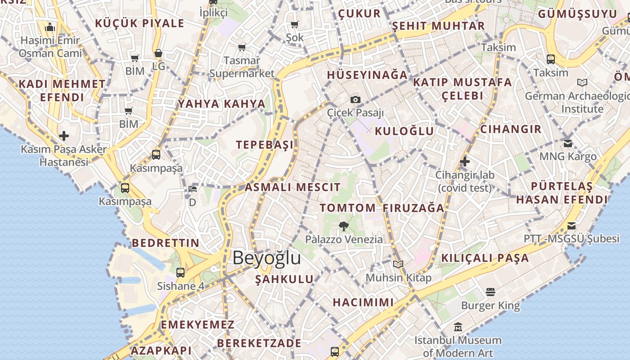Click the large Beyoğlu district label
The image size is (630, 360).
tap(266, 258)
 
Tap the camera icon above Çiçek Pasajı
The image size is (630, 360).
tap(355, 99)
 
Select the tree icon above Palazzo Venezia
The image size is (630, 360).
tap(344, 226)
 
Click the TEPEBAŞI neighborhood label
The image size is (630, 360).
tap(265, 145)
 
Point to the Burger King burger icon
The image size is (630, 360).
tap(490, 292)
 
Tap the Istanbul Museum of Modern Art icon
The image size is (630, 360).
tap(458, 327)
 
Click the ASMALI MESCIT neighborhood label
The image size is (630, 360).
tap(292, 187)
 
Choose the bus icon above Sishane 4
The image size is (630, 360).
tap(180, 272)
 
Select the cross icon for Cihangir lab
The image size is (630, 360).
tap(465, 161)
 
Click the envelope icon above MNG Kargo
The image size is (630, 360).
tap(568, 144)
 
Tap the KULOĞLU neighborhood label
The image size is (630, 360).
tap(405, 131)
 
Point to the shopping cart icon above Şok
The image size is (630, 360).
tap(295, 24)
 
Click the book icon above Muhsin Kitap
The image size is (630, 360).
tap(398, 264)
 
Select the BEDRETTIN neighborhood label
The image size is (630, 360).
tap(165, 243)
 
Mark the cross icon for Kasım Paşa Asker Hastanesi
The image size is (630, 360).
tap(64, 135)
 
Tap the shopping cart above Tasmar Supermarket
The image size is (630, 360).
tap(242, 47)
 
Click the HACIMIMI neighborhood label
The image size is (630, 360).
tap(363, 302)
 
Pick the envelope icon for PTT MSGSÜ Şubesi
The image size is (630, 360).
tap(571, 226)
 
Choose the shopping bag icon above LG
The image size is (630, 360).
tap(158, 53)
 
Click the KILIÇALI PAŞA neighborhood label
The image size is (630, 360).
tap(485, 258)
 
